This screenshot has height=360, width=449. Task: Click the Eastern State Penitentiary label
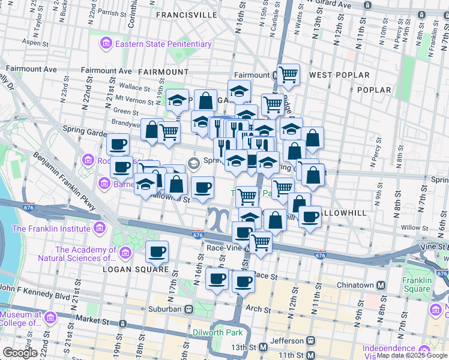click(163, 44)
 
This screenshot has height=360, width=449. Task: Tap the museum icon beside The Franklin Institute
click(99, 229)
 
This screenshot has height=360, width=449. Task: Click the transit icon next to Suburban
click(188, 309)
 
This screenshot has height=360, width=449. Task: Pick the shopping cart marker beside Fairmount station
click(288, 74)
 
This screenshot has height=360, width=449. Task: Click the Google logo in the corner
click(20, 353)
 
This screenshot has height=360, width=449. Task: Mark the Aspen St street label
click(34, 43)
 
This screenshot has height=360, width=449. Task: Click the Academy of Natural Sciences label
click(85, 254)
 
